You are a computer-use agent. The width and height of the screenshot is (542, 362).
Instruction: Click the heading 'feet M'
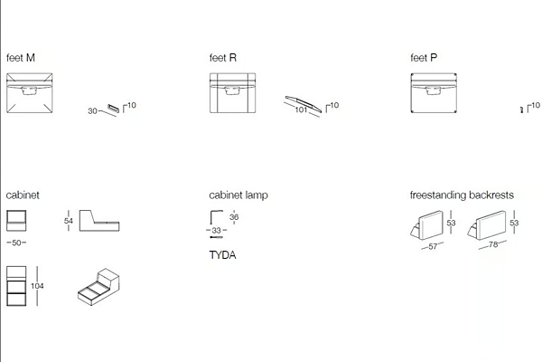21,58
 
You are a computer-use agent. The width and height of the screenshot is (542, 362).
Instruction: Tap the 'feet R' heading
223,58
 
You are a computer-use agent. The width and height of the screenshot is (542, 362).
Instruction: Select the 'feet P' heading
424,58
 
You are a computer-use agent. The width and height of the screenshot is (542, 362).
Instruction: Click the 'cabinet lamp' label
238,195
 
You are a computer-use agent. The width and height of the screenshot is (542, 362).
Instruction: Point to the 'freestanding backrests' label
462,195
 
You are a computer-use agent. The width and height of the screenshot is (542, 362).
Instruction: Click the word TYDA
222,255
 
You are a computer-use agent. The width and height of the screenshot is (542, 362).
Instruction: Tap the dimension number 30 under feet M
92,110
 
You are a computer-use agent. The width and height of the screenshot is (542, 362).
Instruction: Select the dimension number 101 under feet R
301,110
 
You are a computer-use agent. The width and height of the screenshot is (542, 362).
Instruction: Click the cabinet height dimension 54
69,221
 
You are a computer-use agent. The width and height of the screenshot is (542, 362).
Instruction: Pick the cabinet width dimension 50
16,243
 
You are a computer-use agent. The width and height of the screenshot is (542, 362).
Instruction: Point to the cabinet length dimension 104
37,286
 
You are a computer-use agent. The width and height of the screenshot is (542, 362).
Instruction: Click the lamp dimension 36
234,217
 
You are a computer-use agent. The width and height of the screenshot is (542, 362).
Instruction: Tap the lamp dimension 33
217,230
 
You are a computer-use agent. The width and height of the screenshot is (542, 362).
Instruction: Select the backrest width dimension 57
433,247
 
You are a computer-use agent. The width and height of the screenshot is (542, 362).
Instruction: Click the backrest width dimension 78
493,244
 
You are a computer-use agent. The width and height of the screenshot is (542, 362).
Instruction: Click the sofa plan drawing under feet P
434,93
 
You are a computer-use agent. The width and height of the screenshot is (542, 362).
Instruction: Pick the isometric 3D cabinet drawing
98,287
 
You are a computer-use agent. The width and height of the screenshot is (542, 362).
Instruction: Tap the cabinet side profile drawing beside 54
99,221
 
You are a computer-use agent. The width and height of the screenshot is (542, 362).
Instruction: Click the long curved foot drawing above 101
304,103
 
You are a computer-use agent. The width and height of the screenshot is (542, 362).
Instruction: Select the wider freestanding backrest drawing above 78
488,225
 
